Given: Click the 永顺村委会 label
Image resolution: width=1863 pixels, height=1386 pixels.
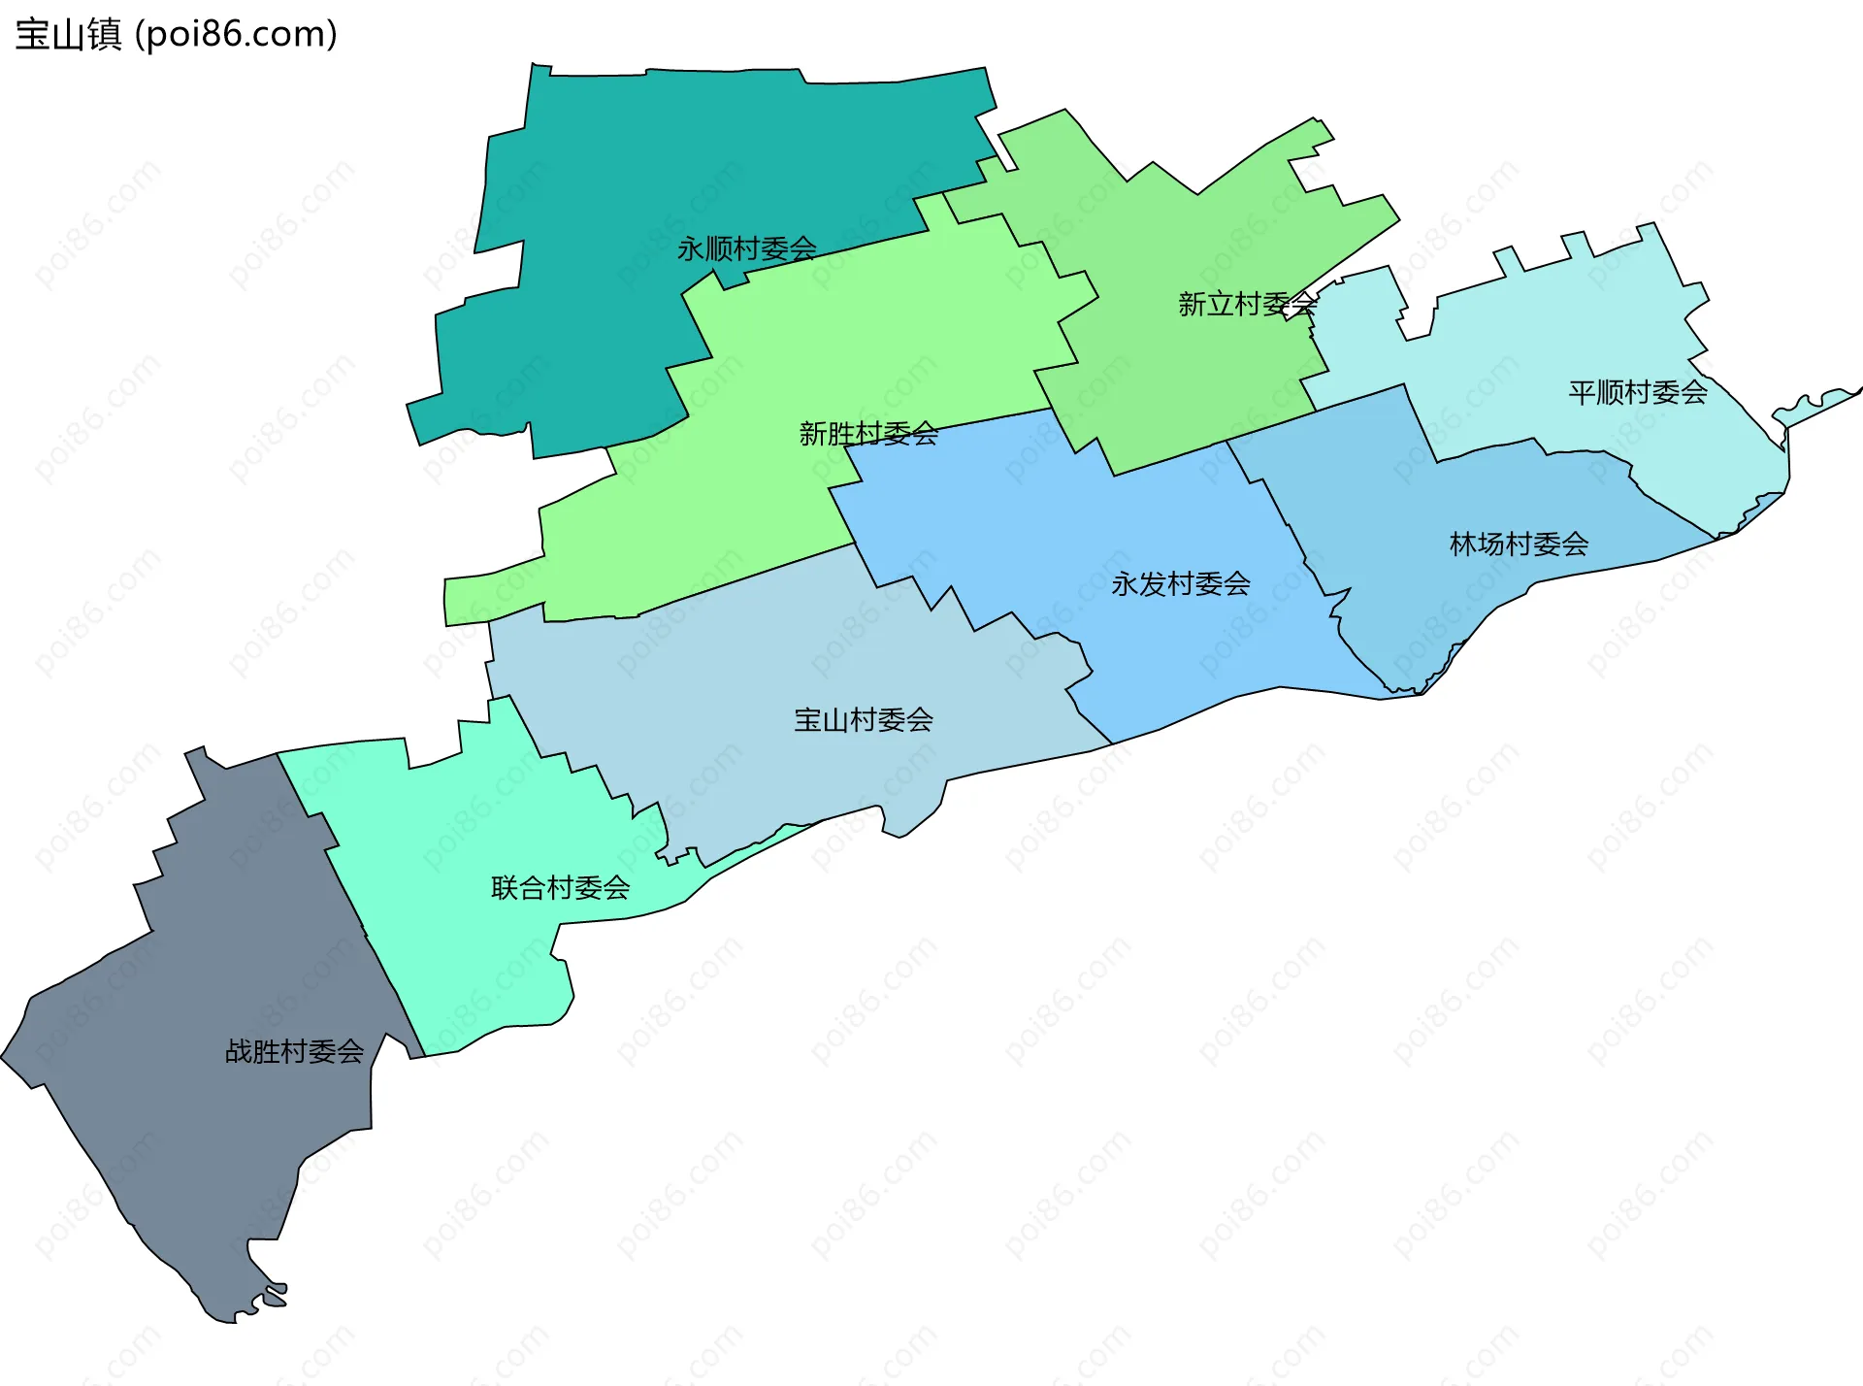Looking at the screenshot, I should tap(746, 249).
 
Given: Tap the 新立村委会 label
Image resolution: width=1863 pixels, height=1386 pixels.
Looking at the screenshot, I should tap(1247, 305).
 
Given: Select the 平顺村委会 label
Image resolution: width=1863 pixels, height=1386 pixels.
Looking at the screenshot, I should tap(1638, 393).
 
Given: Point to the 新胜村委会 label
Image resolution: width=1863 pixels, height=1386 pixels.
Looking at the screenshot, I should tap(868, 434).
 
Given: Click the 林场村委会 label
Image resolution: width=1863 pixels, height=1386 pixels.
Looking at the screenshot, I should tap(1519, 544).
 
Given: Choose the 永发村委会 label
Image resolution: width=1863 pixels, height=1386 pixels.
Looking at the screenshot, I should tap(1181, 584).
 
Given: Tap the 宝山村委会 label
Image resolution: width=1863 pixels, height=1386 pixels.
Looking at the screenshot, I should tap(864, 720).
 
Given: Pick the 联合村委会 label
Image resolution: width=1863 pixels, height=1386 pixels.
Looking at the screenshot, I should tap(561, 888).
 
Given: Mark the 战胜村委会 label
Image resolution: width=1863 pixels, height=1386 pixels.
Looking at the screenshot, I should tap(294, 1051).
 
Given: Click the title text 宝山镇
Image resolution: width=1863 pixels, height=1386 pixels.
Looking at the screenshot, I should tap(68, 35).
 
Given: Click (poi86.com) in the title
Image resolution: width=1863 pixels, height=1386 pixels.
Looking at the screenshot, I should tap(236, 35).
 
